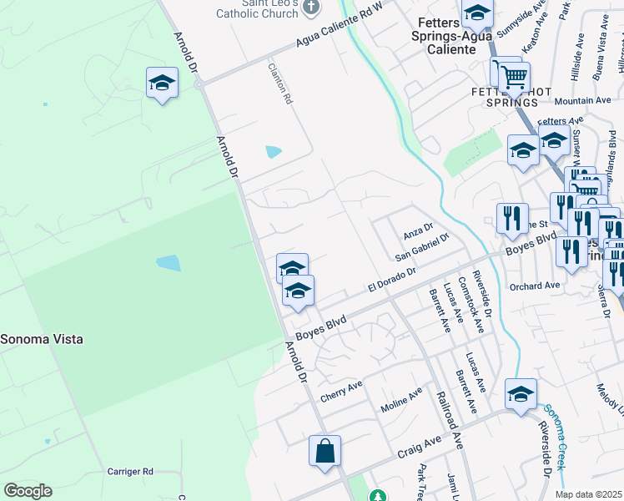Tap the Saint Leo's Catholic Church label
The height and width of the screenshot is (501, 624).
pyautogui.click(x=257, y=8)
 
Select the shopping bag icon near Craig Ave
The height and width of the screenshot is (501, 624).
pyautogui.click(x=325, y=451)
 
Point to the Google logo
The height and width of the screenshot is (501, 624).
pyautogui.click(x=28, y=491)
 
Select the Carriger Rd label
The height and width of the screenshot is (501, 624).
pyautogui.click(x=130, y=472)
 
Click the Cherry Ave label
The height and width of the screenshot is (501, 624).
pyautogui.click(x=342, y=389)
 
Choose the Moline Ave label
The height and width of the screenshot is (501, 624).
pyautogui.click(x=402, y=400)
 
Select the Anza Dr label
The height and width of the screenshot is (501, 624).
pyautogui.click(x=419, y=228)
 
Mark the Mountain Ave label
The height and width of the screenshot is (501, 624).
pyautogui.click(x=582, y=100)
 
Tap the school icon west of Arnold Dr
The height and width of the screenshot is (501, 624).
pyautogui.click(x=162, y=83)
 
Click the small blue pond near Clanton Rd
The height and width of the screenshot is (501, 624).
pyautogui.click(x=273, y=152)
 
